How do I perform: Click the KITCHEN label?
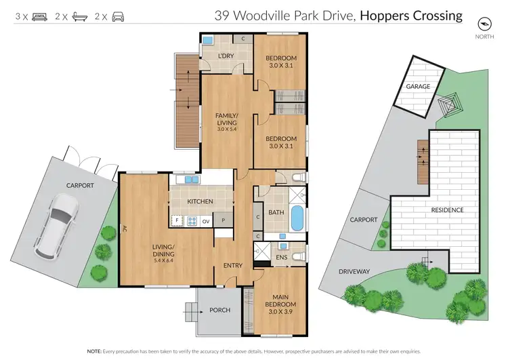[x=200, y=202]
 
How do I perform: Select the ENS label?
[x=280, y=257]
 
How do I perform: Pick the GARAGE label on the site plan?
[x=419, y=87]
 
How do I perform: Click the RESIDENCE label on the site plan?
[x=447, y=210]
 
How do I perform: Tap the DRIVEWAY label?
[x=355, y=271]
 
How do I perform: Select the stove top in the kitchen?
[x=192, y=220]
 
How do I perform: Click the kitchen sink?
[x=186, y=180]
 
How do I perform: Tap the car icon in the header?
[x=119, y=14]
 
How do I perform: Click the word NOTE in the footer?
[x=96, y=352]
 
